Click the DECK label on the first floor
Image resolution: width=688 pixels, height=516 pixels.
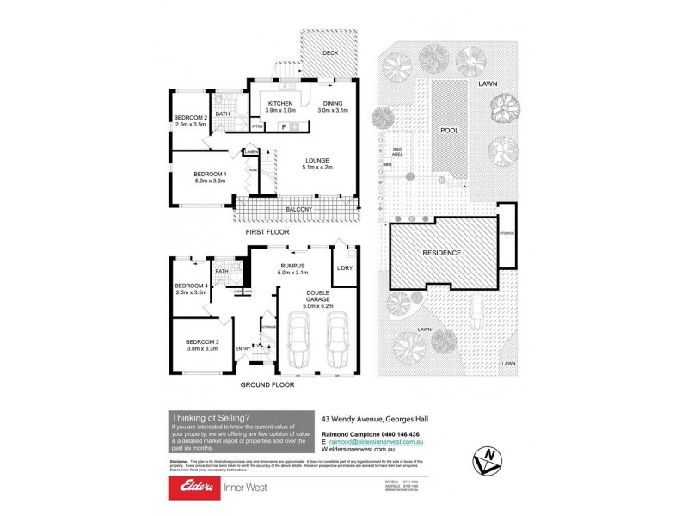tap(330, 52)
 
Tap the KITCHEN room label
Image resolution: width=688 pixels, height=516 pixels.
tap(279, 103)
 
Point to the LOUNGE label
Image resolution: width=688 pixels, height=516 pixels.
tap(319, 161)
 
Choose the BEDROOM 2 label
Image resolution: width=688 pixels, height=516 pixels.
tap(191, 118)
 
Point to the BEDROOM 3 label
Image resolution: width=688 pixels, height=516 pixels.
tap(204, 344)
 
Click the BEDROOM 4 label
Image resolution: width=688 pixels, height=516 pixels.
tap(191, 286)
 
